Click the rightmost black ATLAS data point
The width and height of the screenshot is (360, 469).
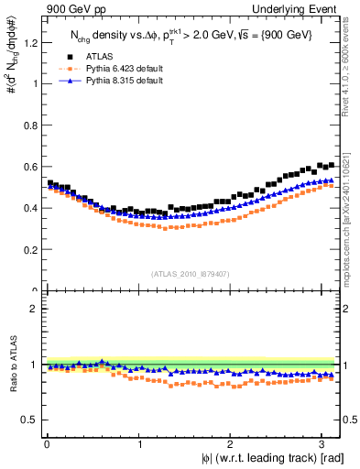point(331,165)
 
